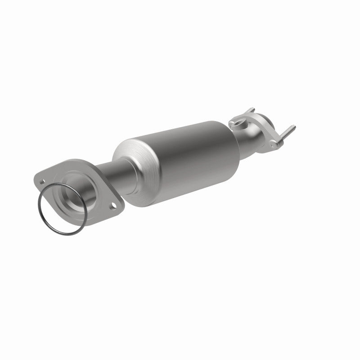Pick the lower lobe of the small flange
point(274,143)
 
